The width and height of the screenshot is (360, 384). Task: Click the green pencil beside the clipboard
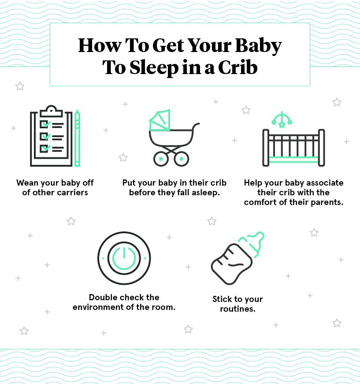pyautogui.click(x=77, y=138)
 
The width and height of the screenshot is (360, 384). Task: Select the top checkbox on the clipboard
pyautogui.click(x=45, y=124)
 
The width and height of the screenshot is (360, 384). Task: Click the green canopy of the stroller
pyautogui.click(x=160, y=120)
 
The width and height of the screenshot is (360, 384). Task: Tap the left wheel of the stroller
pyautogui.click(x=161, y=159)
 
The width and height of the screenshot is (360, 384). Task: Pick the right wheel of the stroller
pyautogui.click(x=182, y=159)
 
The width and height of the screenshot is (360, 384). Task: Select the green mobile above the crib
pyautogui.click(x=282, y=120)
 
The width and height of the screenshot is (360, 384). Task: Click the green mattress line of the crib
pyautogui.click(x=293, y=160)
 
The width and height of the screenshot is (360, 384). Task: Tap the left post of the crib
pyautogui.click(x=266, y=148)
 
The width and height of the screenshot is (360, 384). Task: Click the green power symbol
pyautogui.click(x=124, y=258)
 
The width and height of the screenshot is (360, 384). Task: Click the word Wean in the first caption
pyautogui.click(x=27, y=183)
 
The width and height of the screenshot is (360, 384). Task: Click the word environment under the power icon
pyautogui.click(x=99, y=307)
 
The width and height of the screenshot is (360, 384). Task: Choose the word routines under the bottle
pyautogui.click(x=238, y=309)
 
